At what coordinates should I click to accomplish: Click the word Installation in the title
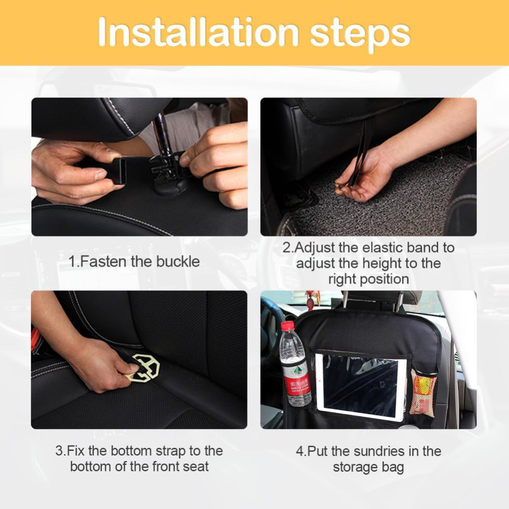198,32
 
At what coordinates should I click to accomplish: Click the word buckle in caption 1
178,261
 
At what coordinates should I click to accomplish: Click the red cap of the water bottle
288,326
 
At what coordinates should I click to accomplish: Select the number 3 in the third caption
60,451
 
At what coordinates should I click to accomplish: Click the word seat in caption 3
196,467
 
